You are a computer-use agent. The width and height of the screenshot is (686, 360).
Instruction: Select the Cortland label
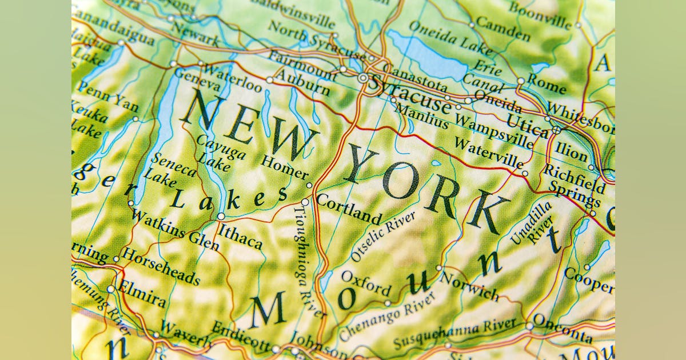click(348, 209)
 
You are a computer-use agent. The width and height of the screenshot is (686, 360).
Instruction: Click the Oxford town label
click(366, 283)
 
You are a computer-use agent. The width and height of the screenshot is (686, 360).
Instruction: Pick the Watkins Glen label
click(174, 230)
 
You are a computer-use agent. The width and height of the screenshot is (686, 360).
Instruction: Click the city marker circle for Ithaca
click(221, 216)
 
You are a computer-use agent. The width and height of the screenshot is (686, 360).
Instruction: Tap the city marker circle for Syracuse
click(363, 77)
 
